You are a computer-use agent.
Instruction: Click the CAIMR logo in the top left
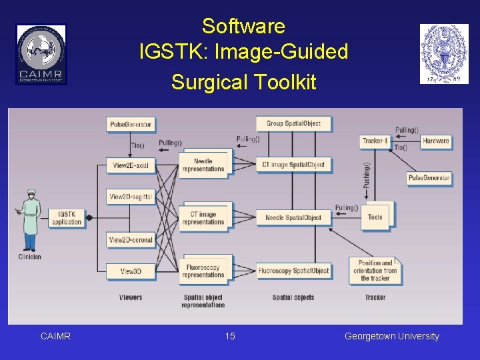[x=41, y=54]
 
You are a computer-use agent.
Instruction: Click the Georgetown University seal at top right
[x=444, y=54]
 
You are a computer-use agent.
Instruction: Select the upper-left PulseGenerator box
[x=131, y=124]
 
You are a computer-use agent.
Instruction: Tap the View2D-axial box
[x=131, y=165]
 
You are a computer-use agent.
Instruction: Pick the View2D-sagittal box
[x=131, y=197]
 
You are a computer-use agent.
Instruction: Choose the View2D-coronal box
[x=131, y=240]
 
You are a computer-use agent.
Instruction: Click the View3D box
[x=131, y=271]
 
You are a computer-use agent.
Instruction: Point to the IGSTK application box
[x=67, y=218]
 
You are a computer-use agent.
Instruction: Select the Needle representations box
[x=203, y=165]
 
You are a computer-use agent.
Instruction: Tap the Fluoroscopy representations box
[x=203, y=271]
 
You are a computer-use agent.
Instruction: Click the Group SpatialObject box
[x=293, y=123]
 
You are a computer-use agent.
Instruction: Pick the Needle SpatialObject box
[x=293, y=217]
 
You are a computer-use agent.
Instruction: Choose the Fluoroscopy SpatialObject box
[x=293, y=271]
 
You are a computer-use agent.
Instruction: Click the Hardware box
[x=436, y=141]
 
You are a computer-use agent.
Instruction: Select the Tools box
[x=375, y=217]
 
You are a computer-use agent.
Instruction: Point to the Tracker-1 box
[x=375, y=141]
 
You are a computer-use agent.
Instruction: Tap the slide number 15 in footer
[x=230, y=336]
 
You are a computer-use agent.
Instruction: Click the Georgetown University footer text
[x=392, y=336]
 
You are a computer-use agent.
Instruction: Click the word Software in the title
[x=243, y=27]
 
